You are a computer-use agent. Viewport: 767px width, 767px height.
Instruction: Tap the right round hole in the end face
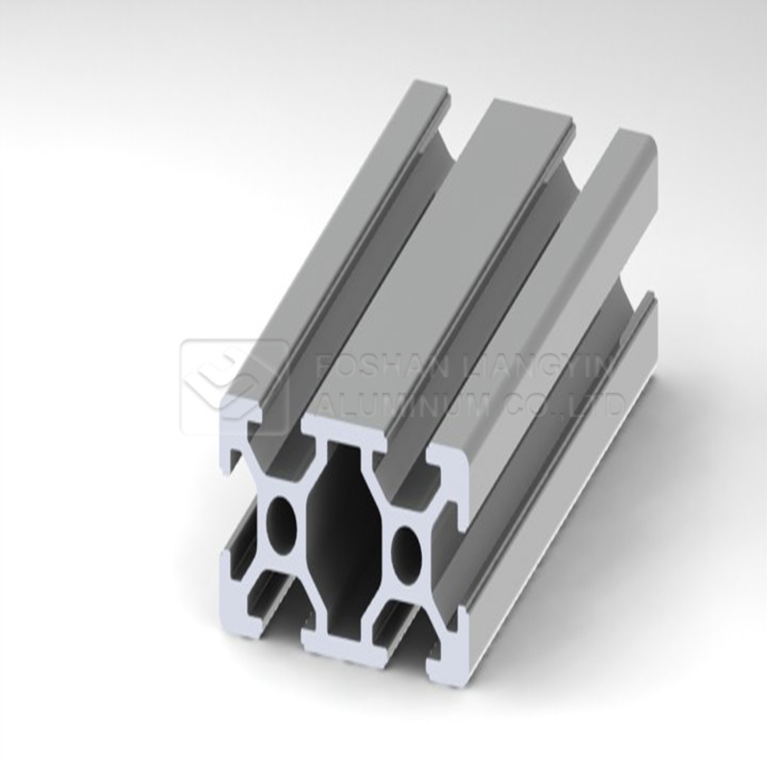(407, 551)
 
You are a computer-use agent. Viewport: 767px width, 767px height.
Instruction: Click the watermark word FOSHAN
(356, 369)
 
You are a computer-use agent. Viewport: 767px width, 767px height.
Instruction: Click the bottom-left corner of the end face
(230, 614)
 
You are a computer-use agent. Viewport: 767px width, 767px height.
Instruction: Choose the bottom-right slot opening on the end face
(403, 652)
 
